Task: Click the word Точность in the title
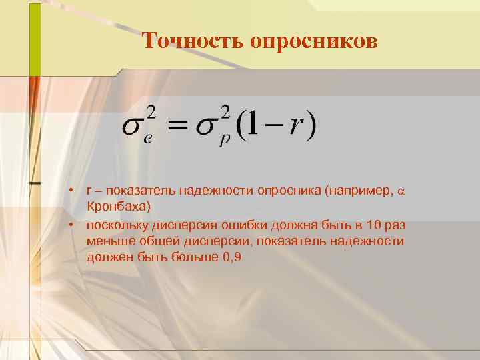(x=193, y=41)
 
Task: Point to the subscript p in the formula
(x=225, y=142)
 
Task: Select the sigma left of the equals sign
(x=133, y=127)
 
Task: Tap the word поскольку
(x=118, y=225)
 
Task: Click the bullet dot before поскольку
(x=69, y=225)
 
